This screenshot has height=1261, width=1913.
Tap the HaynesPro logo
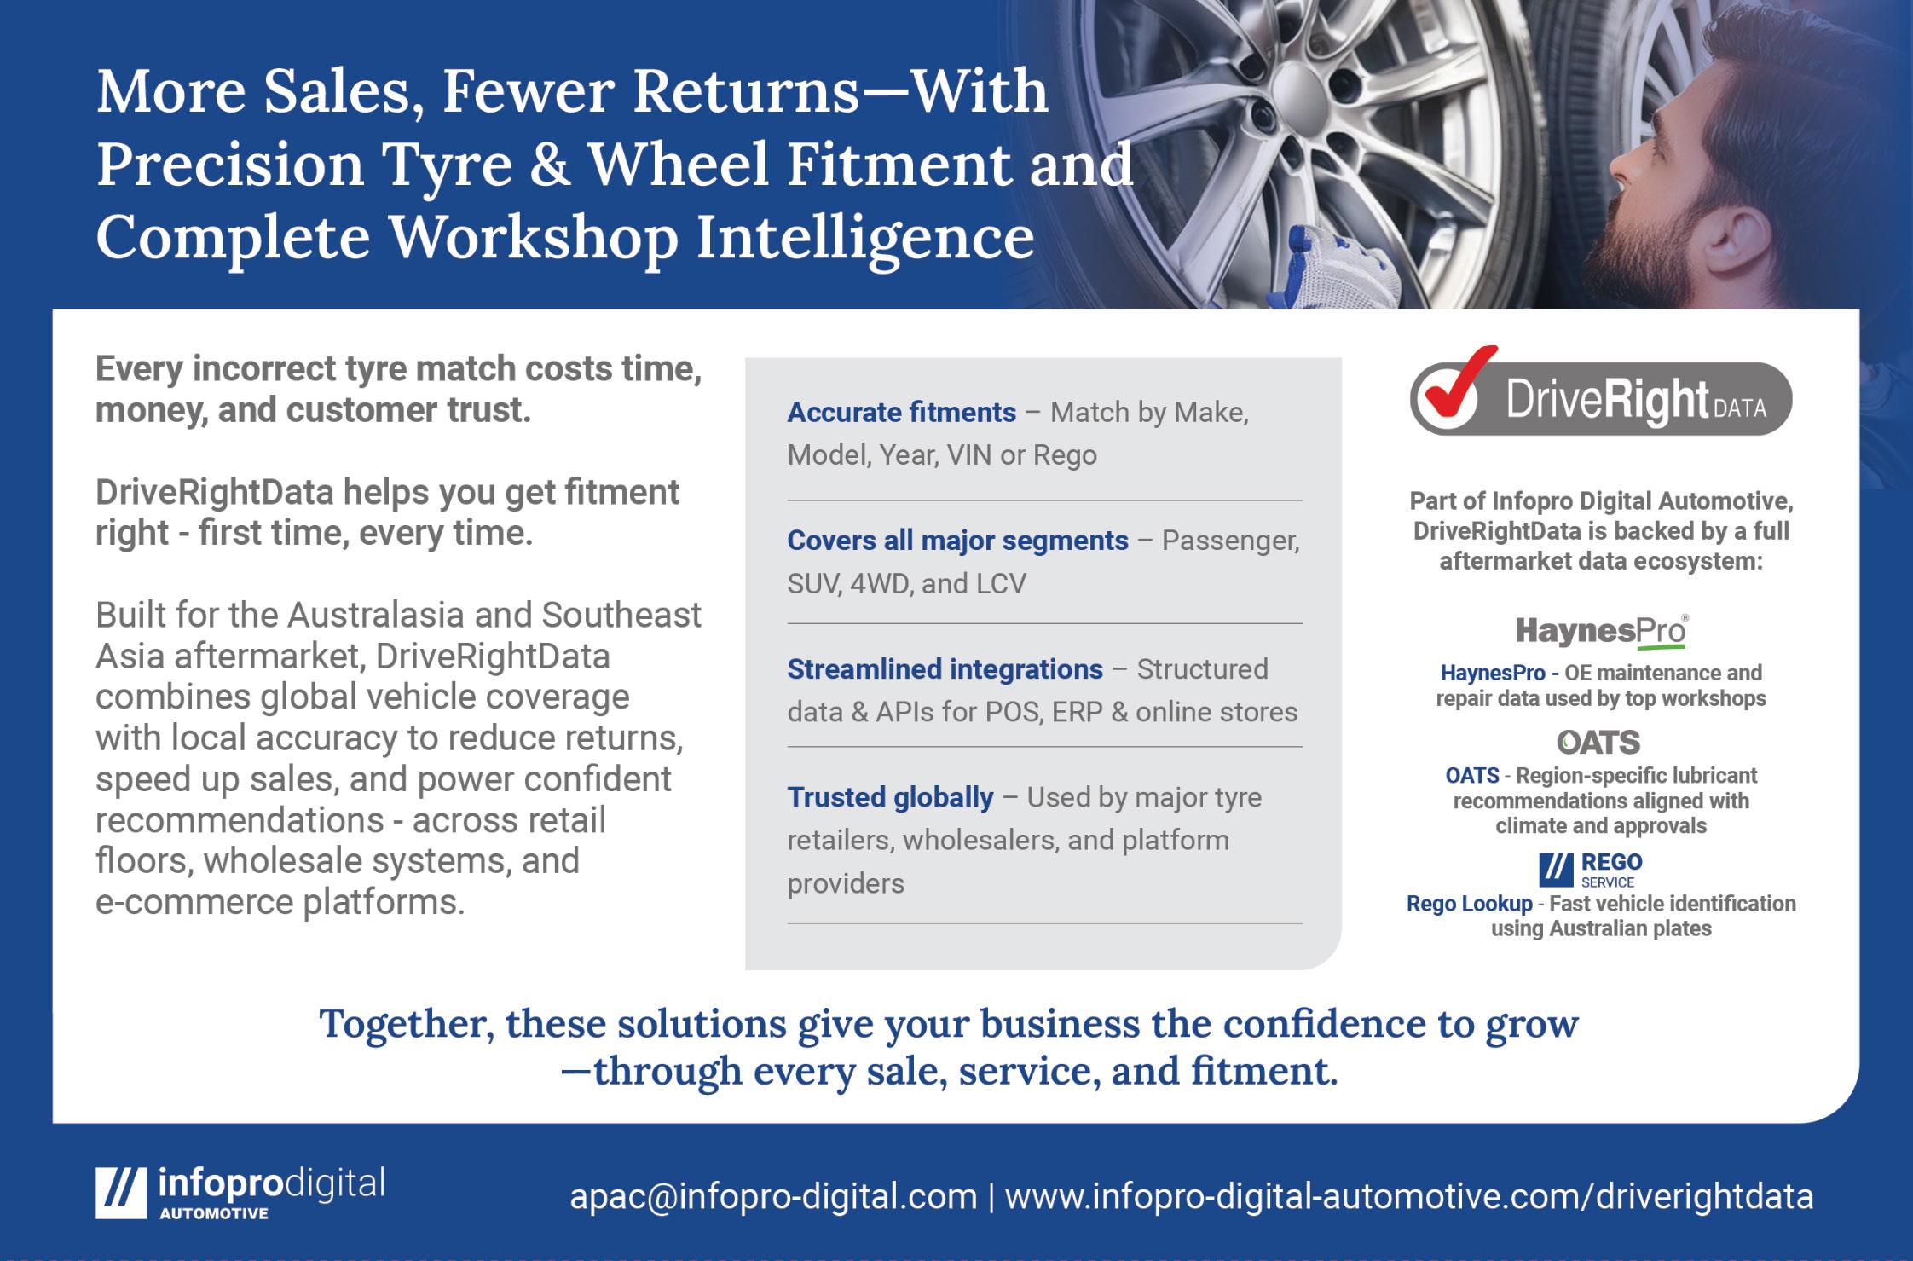point(1601,632)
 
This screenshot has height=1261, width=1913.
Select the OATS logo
point(1598,743)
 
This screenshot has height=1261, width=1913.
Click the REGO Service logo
point(1591,870)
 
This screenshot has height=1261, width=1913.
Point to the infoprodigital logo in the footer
point(240,1192)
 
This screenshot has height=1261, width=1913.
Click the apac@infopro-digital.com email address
point(773,1197)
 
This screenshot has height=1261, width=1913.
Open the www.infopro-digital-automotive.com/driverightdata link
point(1409,1197)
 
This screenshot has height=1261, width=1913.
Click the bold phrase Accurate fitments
point(901,413)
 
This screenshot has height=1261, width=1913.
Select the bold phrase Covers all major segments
point(957,541)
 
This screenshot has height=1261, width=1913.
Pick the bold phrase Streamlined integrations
point(945,669)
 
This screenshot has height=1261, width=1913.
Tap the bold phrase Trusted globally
point(890,798)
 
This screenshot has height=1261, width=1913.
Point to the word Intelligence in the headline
point(865,239)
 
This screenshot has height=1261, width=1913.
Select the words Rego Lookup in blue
point(1469,904)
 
